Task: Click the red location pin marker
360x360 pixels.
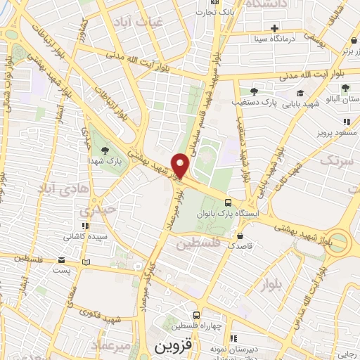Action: (x=181, y=165)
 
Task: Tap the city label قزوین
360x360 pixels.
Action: (x=172, y=348)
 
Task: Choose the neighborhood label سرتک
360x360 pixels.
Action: (x=333, y=161)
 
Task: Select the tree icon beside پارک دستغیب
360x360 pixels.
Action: (x=254, y=91)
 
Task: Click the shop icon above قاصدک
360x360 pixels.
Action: (x=241, y=236)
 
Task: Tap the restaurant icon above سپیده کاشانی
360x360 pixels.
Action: (x=86, y=226)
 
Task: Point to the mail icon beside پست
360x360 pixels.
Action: (x=86, y=262)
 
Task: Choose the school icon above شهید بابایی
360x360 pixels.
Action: (x=300, y=93)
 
